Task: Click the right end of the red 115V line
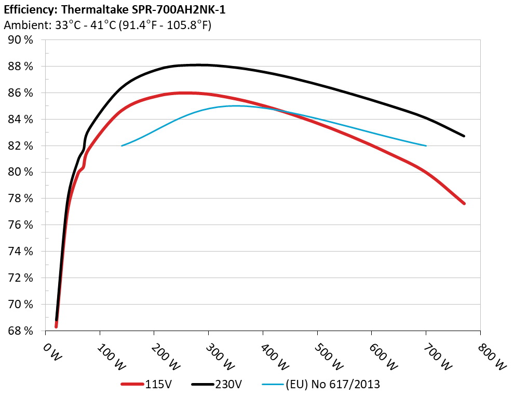(464, 203)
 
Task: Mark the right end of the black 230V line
(464, 136)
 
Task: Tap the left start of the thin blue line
(122, 146)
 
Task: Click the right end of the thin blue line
(426, 146)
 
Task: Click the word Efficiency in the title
(28, 9)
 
